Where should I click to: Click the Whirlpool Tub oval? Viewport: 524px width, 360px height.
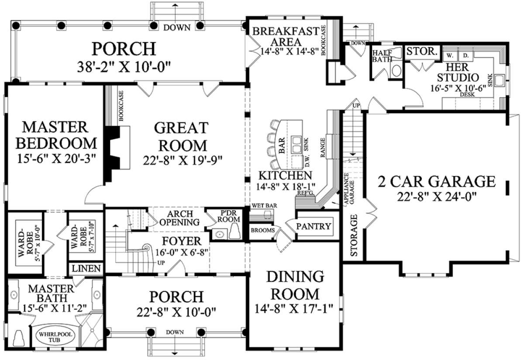coord(55,337)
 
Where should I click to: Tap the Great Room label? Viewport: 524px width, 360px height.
coord(181,137)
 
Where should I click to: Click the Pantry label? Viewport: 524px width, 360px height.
coord(314,226)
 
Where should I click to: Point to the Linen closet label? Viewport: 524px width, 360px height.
coord(86,269)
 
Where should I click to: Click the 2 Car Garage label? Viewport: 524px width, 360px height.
coord(437,182)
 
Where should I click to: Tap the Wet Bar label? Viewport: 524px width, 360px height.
coord(264,205)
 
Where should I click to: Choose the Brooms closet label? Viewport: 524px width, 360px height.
coord(263,230)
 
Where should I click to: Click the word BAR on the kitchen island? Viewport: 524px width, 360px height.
coord(282,145)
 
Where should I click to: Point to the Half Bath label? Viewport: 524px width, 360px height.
coord(382,56)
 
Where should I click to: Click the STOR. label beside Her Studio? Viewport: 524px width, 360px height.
coord(422,51)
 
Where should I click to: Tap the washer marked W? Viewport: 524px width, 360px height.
coord(449,56)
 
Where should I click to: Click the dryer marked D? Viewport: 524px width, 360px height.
coord(466,56)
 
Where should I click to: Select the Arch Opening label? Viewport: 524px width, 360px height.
coord(179,218)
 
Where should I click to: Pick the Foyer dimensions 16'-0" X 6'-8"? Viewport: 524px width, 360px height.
coord(182,253)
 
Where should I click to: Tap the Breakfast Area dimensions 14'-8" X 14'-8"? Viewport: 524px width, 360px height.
coord(290,51)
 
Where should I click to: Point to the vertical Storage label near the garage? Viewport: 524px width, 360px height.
coord(354,235)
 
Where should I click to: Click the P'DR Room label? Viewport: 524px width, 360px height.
coord(228,216)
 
